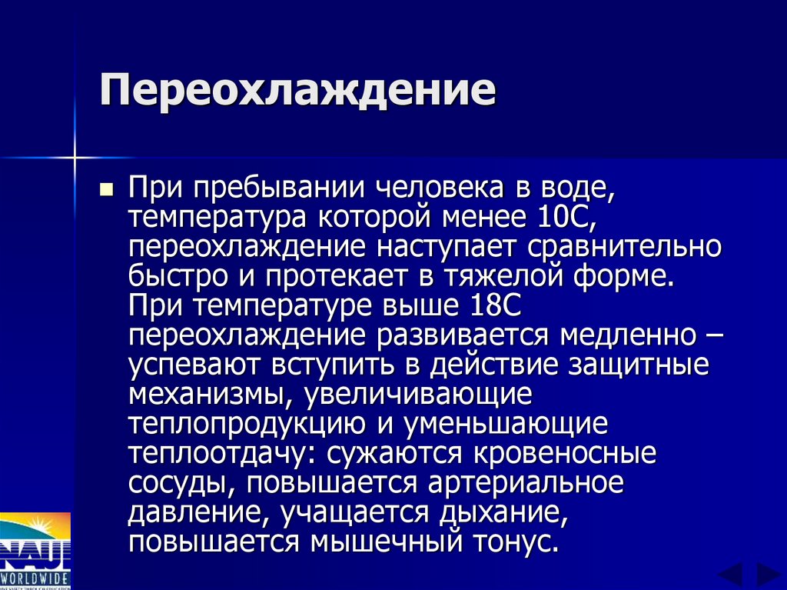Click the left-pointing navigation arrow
coord(730,574)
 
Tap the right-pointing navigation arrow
coord(767,574)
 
